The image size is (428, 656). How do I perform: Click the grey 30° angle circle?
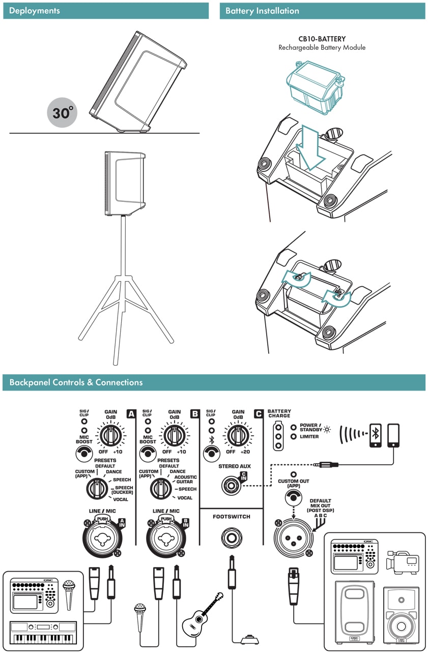click(62, 113)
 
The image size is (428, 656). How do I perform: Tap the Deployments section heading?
click(35, 11)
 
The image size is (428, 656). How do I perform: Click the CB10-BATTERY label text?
click(322, 39)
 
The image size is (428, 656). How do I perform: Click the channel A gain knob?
click(110, 435)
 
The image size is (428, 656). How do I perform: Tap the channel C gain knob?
click(238, 435)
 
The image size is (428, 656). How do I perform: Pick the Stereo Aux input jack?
click(232, 485)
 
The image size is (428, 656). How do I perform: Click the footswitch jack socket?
click(232, 538)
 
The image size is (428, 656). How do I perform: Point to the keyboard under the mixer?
click(43, 634)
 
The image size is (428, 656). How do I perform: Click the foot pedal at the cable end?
click(249, 639)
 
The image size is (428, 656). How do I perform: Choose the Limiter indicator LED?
click(294, 437)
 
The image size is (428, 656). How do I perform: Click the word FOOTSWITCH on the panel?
click(232, 517)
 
